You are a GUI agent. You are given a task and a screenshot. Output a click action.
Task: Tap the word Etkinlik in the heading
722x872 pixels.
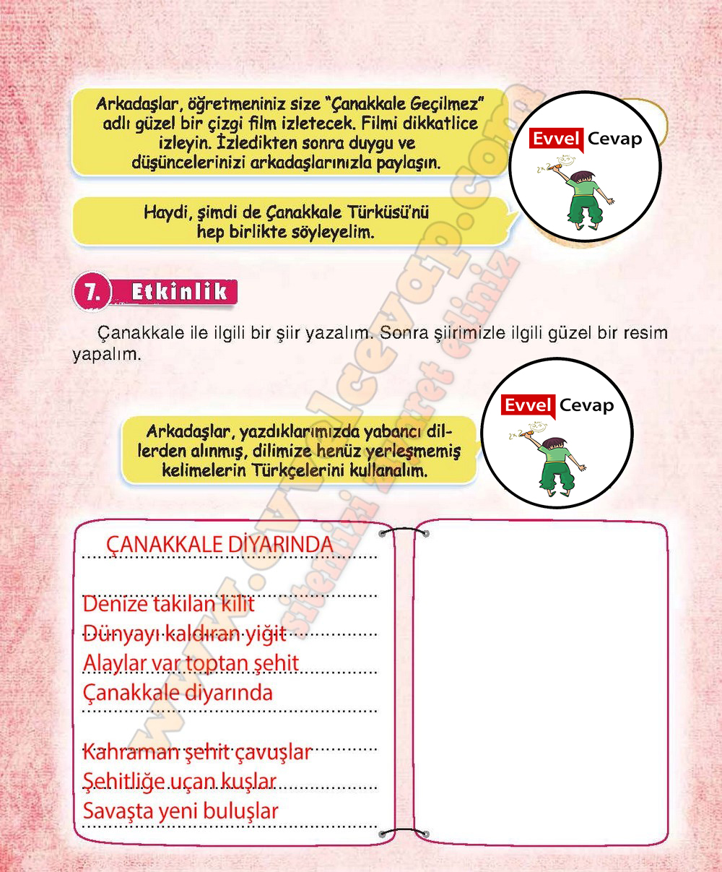click(179, 292)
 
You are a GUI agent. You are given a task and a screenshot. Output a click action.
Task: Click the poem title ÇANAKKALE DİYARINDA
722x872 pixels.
click(219, 545)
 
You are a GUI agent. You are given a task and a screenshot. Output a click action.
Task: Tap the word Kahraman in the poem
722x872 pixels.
click(131, 752)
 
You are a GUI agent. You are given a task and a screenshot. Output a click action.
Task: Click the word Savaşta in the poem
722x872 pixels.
click(118, 811)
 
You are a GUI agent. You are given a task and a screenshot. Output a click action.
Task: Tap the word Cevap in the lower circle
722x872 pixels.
click(586, 405)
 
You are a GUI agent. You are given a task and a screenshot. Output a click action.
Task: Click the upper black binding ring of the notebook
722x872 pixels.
click(404, 534)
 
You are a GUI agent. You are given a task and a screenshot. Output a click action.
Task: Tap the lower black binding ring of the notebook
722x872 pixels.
click(404, 833)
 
